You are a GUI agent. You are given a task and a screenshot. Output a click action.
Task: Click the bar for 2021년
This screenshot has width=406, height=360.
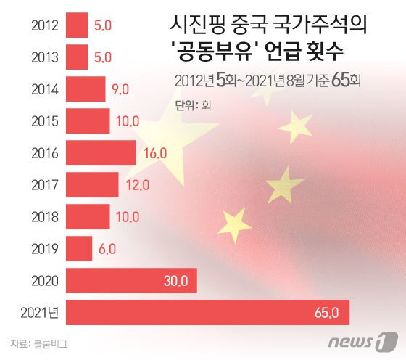[207, 313]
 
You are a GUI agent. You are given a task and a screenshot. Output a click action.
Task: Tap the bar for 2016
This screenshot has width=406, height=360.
[101, 153]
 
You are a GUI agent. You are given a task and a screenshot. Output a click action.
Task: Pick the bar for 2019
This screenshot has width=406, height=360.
[79, 249]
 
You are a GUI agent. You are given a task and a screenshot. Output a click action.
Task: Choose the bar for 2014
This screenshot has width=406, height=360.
[86, 89]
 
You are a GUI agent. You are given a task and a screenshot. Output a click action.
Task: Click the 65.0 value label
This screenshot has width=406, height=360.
[326, 313]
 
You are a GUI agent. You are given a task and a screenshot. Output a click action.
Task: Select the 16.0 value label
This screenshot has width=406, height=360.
[155, 153]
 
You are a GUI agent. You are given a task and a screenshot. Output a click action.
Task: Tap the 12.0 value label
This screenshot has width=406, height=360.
[138, 185]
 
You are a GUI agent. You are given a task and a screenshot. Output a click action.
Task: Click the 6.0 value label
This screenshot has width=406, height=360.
[107, 249]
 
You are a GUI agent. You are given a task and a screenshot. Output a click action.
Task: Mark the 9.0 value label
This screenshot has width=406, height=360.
[120, 89]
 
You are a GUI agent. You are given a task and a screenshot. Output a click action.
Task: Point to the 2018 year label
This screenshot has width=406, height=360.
[46, 217]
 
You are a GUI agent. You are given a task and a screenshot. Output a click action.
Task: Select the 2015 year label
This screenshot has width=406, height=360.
[46, 121]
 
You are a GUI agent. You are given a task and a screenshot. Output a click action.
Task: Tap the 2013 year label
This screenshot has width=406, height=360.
[46, 57]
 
